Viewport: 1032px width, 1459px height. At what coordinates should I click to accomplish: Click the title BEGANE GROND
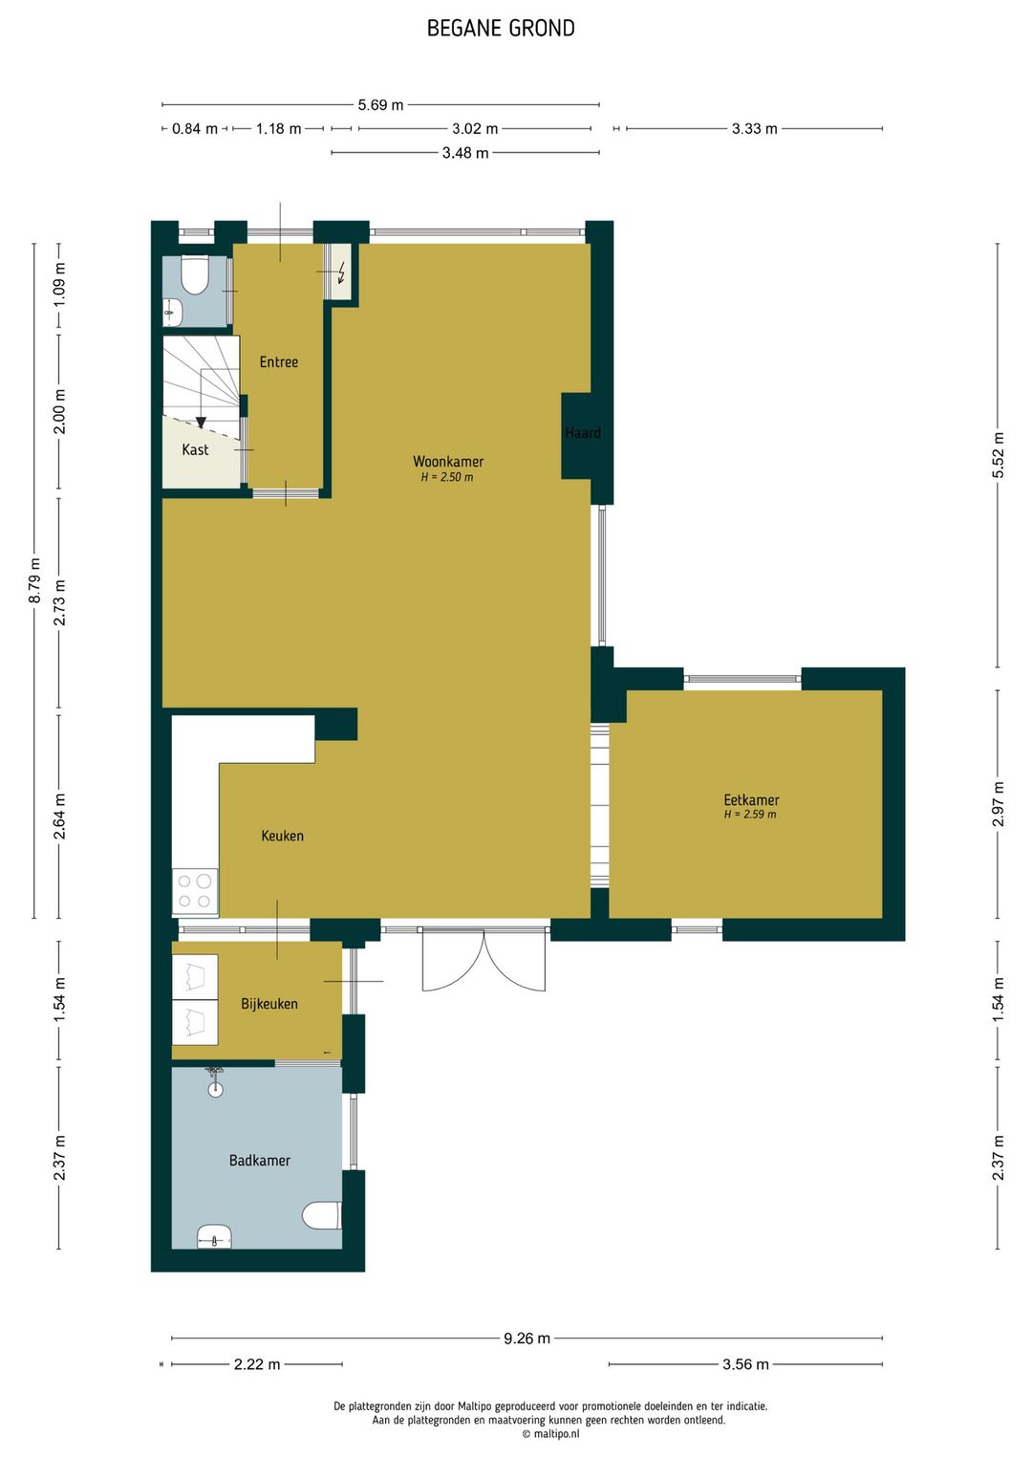501,29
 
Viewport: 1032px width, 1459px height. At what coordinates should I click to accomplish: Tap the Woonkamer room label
448,462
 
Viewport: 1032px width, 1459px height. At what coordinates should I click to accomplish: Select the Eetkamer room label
751,800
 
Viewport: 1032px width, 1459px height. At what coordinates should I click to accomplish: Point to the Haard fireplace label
583,432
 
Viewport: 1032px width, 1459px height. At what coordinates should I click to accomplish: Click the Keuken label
282,836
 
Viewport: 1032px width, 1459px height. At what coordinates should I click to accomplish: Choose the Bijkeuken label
269,1004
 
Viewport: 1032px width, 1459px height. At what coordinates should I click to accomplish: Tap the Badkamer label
259,1160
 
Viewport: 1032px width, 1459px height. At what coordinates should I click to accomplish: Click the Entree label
279,362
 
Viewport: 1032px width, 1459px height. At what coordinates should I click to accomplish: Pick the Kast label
195,449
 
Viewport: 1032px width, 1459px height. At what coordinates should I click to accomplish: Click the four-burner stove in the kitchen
195,891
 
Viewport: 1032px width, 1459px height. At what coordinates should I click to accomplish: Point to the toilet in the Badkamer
322,1215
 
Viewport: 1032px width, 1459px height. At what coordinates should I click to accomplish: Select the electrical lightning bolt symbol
342,272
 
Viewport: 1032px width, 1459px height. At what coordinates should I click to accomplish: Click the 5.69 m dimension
380,105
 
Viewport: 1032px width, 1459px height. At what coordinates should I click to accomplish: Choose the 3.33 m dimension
754,129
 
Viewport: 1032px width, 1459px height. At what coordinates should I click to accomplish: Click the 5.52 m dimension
998,455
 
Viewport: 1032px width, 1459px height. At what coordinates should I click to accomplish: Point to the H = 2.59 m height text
750,815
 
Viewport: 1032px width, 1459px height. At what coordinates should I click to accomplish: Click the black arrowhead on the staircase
201,423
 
